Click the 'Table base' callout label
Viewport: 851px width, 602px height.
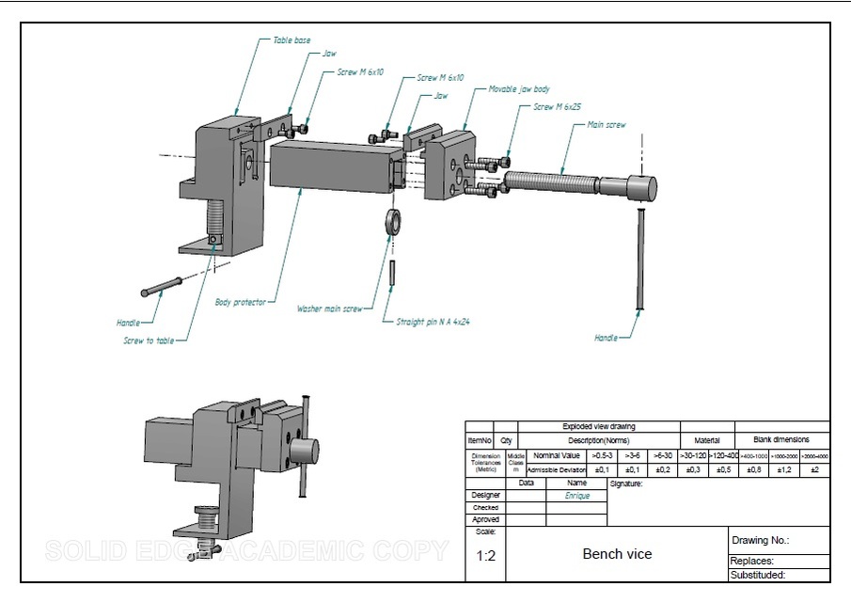(292, 40)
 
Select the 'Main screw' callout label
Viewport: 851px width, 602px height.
(606, 124)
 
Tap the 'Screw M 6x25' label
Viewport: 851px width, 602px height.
(557, 107)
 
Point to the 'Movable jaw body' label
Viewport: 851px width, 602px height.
(519, 89)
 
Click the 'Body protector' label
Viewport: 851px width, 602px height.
(240, 302)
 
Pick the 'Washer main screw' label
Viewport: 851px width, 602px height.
(329, 309)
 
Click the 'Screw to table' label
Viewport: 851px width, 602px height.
(148, 341)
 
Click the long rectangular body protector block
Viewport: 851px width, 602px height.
(329, 166)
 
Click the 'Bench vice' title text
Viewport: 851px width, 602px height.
(617, 554)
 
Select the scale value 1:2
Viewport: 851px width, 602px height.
(485, 556)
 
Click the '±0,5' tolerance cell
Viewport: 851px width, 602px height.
(723, 469)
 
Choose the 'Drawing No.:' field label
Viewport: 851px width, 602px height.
(760, 541)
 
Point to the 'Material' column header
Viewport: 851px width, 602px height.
(706, 440)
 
